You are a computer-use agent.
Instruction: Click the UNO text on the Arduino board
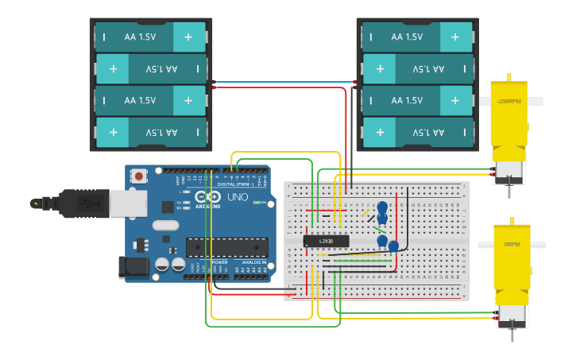pyautogui.click(x=238, y=197)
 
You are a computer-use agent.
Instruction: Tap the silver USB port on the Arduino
pyautogui.click(x=128, y=203)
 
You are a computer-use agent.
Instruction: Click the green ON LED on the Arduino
pyautogui.click(x=257, y=202)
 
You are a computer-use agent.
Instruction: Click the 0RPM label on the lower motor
pyautogui.click(x=511, y=246)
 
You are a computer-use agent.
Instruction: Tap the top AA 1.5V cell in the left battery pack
pyautogui.click(x=151, y=36)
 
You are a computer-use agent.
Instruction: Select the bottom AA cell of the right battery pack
pyautogui.click(x=418, y=132)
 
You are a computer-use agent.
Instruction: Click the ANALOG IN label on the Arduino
pyautogui.click(x=253, y=262)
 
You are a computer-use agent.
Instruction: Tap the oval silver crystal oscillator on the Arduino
pyautogui.click(x=165, y=226)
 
